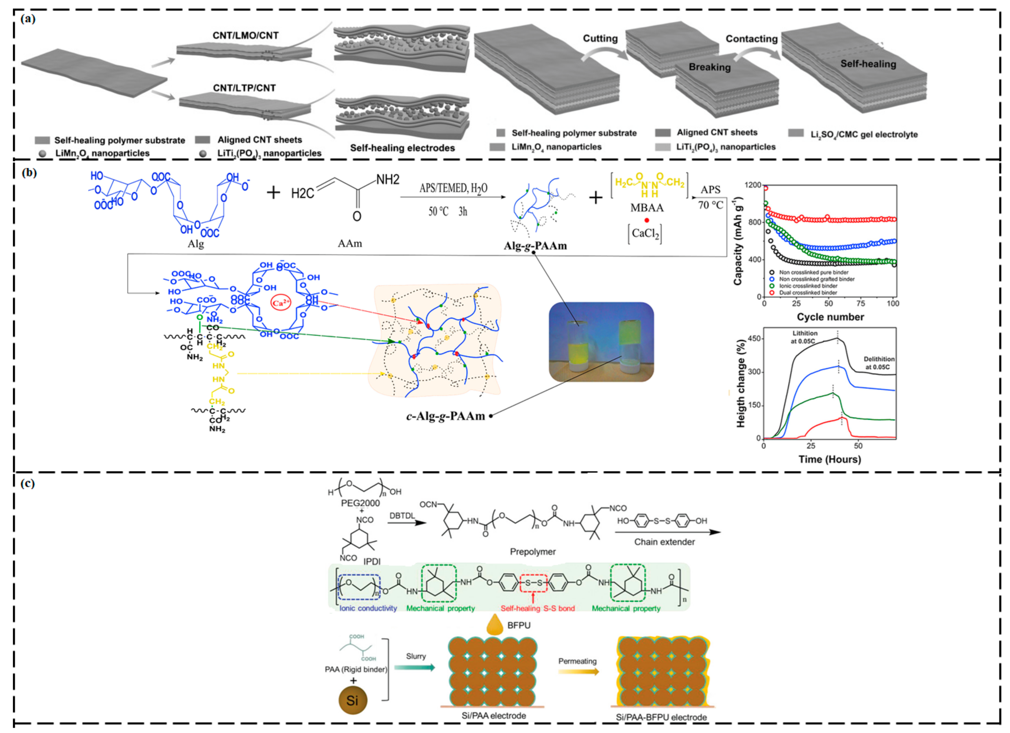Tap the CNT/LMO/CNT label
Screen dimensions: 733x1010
coord(245,36)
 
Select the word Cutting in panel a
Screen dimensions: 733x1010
coord(600,39)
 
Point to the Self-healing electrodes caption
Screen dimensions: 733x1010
coord(402,148)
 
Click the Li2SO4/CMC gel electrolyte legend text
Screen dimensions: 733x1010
coord(864,134)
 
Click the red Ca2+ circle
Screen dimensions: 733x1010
coord(281,303)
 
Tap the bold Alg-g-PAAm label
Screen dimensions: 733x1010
coord(535,246)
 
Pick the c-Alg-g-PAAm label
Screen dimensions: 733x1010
coord(445,416)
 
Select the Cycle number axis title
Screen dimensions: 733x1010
coord(830,317)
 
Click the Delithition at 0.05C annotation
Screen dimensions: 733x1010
coord(879,363)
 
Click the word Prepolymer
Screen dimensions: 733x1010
coord(533,552)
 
